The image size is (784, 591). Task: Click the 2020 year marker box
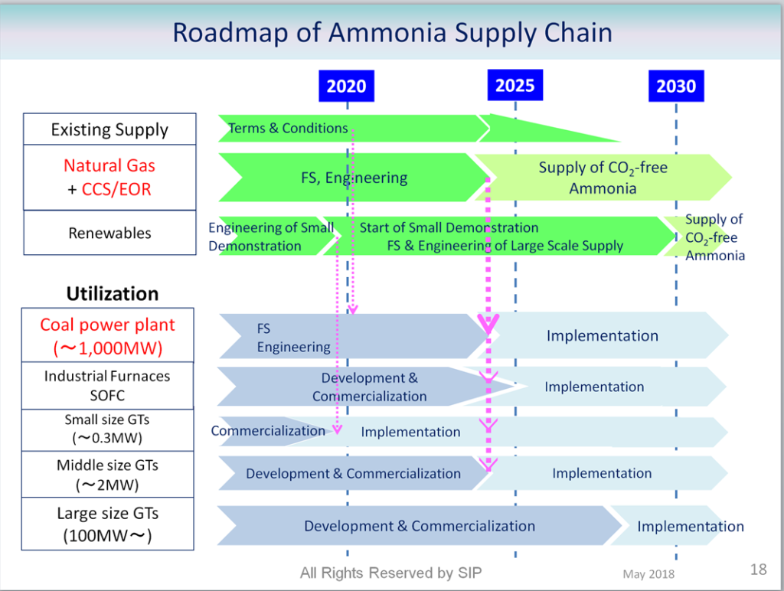pos(346,86)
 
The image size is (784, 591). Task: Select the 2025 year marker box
pos(514,84)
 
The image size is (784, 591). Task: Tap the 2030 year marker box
pos(675,86)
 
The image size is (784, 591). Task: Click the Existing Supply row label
pos(109,129)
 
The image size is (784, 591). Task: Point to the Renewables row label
pos(109,233)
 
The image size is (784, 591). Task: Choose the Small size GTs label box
pos(107,429)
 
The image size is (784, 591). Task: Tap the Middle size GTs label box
pos(107,475)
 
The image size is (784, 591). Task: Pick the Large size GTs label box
pos(107,524)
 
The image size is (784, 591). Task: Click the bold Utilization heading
pos(113,294)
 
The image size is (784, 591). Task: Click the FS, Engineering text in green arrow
pos(354,178)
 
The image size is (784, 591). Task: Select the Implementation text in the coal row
pos(602,335)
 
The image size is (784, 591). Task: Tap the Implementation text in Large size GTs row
pos(690,526)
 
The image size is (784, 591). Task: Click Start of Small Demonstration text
pos(449,227)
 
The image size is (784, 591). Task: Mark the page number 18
pos(758,569)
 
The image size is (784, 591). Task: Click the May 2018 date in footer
pos(648,574)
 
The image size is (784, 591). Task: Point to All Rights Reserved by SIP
pos(390,573)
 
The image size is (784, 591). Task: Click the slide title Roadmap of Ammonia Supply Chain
pos(392,33)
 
